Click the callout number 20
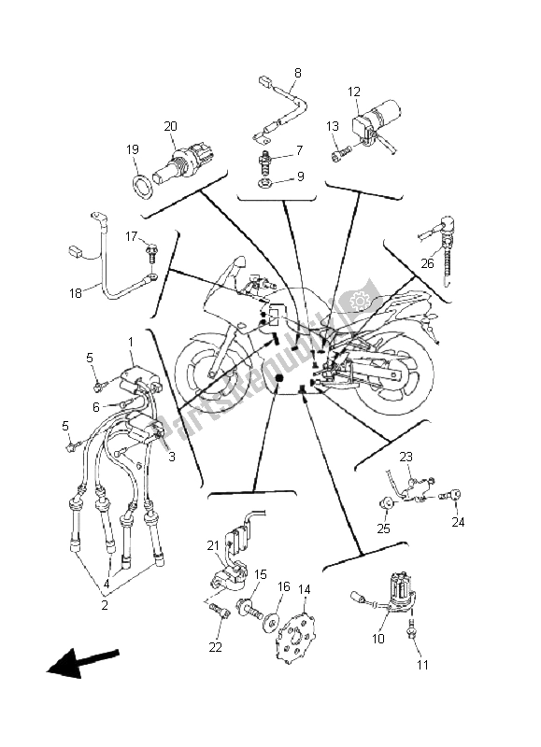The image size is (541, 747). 170,126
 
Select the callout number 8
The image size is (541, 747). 298,73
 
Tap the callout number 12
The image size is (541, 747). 354,92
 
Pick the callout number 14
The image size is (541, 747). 304,589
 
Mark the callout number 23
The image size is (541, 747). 406,457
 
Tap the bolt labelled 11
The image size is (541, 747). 412,637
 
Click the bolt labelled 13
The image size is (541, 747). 343,148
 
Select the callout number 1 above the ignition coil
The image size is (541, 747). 131,342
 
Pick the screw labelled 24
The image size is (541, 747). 455,495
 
